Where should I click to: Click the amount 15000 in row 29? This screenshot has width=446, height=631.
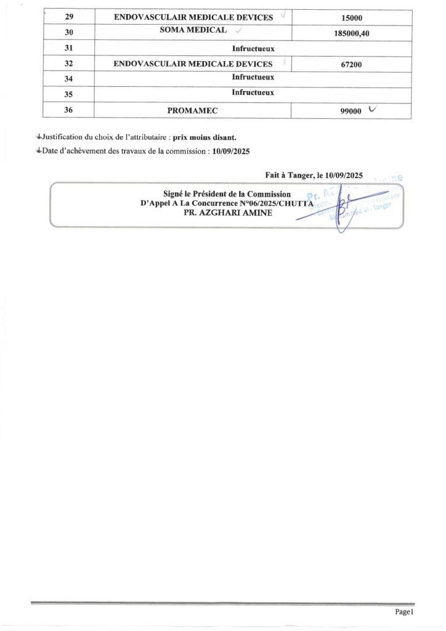tap(351, 18)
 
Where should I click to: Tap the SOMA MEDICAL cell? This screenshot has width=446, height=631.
tap(193, 30)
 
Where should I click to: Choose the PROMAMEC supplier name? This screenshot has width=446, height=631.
tap(193, 111)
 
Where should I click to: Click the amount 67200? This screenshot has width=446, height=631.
tap(351, 63)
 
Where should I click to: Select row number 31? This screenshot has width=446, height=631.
tap(69, 49)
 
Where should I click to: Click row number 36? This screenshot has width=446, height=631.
tap(69, 111)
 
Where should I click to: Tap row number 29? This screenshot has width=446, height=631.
tap(69, 18)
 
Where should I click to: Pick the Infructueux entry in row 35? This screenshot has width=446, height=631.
tap(253, 93)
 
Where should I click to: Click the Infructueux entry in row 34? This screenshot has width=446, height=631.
tap(253, 77)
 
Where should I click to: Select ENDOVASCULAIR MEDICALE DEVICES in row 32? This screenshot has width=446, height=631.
tap(193, 63)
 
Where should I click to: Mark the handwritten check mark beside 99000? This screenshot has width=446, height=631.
tap(371, 109)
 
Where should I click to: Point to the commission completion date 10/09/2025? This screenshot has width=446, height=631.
tap(228, 151)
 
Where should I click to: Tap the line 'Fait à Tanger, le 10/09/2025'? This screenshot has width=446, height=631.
tap(314, 175)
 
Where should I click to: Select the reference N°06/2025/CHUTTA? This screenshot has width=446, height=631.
tap(277, 203)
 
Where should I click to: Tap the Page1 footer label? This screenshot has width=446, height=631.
tap(403, 612)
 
